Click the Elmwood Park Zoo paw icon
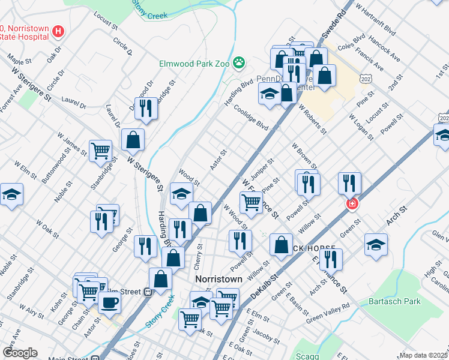coord(240,62)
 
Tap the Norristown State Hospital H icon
coord(58,31)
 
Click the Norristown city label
coord(218,280)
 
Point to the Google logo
coord(20,353)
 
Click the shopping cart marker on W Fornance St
coord(251,202)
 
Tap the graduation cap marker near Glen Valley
coord(376,244)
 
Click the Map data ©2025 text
coord(424,355)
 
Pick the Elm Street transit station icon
coord(146,292)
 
